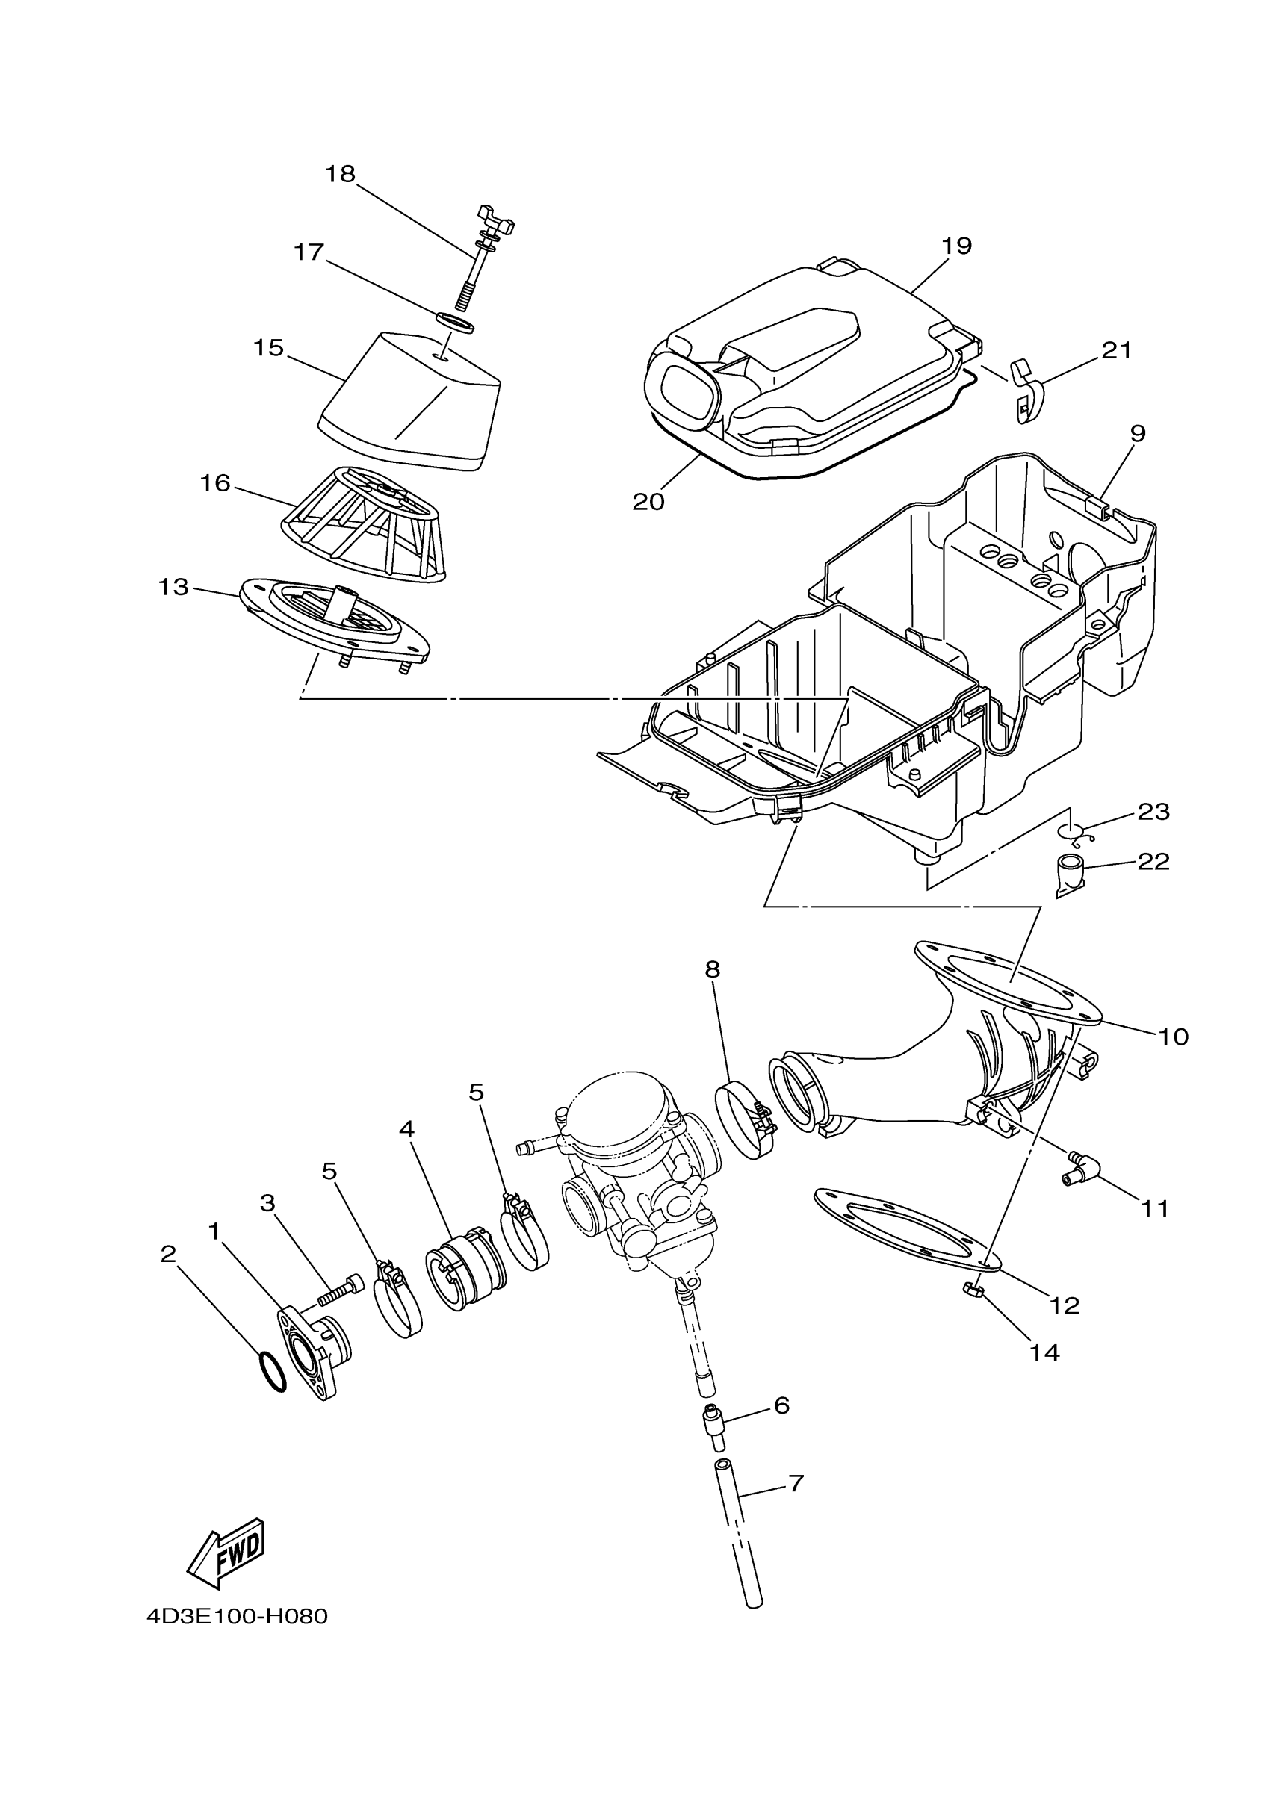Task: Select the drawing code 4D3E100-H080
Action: (x=237, y=1617)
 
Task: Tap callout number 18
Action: (x=341, y=174)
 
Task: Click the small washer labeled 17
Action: (x=455, y=322)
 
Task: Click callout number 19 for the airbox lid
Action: (x=956, y=246)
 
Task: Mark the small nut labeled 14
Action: (x=973, y=1290)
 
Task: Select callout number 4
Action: (x=406, y=1129)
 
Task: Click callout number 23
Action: (x=1153, y=812)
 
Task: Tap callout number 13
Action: (x=174, y=587)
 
